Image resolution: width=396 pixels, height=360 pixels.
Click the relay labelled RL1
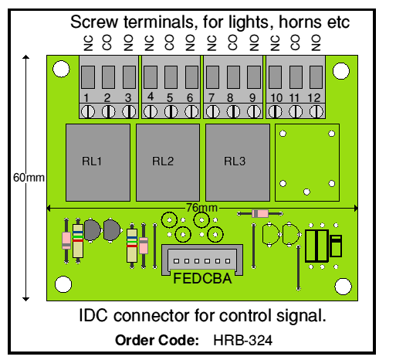[98, 162]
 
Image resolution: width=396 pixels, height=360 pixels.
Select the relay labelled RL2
[168, 162]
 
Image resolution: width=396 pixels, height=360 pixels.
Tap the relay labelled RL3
[238, 162]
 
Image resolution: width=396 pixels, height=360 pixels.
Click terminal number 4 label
[151, 97]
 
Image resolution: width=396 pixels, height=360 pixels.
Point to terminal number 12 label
[314, 98]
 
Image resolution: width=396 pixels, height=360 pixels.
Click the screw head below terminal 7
[213, 112]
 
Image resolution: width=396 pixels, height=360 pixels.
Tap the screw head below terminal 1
[88, 112]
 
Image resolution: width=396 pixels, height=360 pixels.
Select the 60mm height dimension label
[29, 178]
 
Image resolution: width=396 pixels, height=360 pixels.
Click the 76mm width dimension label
[201, 208]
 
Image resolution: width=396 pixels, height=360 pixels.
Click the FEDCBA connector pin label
[202, 278]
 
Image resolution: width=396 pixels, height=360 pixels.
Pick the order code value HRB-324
[242, 340]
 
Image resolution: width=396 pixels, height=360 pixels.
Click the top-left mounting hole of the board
[61, 69]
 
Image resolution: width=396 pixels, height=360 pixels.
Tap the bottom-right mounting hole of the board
[343, 287]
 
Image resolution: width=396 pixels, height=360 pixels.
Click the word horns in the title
[300, 22]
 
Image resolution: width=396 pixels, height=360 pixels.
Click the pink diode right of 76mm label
[260, 213]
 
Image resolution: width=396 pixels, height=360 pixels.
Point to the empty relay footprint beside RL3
[307, 162]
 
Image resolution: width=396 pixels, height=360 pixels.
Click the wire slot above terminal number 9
[254, 77]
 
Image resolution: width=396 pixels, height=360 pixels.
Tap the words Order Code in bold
[157, 340]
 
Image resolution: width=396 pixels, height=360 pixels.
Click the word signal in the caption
[301, 316]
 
